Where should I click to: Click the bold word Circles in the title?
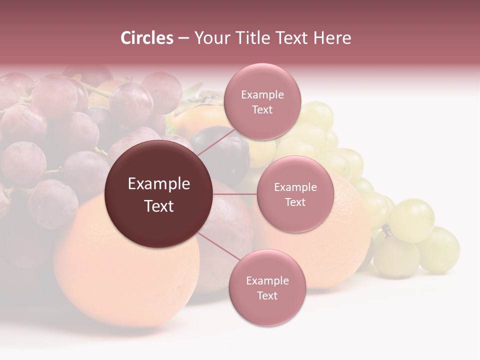click(147, 38)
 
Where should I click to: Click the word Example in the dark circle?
click(159, 184)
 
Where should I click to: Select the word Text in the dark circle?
click(159, 206)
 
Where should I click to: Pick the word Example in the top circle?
click(262, 95)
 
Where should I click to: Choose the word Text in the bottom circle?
click(267, 296)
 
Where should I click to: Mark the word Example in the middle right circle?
click(295, 187)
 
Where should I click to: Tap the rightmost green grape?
click(440, 250)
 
